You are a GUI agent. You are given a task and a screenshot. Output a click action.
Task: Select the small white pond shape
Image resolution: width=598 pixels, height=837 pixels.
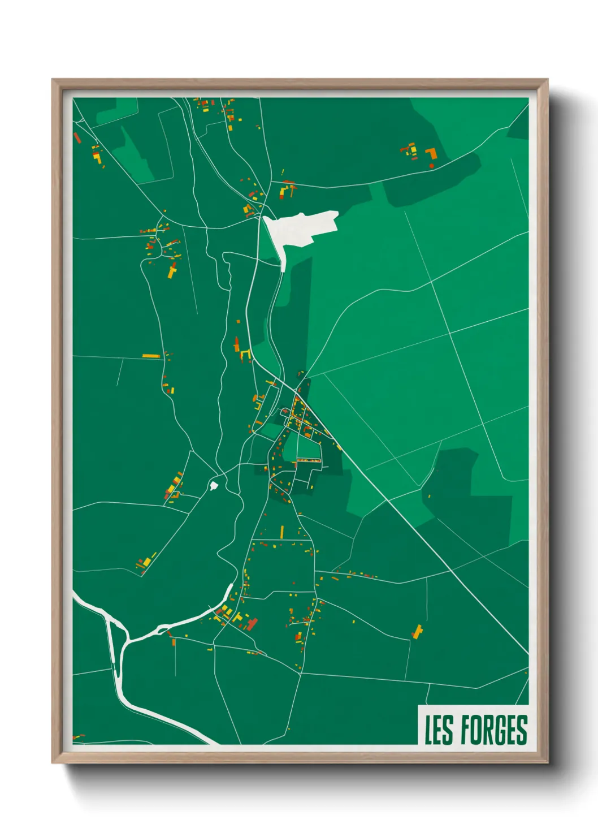coord(214,485)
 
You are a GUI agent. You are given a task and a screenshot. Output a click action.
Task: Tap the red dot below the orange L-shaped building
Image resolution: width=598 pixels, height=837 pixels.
coord(432,166)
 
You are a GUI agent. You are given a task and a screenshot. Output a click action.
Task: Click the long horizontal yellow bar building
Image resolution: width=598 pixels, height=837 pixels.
coord(151,356)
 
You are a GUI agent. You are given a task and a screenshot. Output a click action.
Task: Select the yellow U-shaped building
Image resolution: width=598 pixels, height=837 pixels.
coord(245,354)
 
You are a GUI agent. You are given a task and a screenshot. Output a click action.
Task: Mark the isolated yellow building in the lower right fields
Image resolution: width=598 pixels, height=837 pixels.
coord(418,631)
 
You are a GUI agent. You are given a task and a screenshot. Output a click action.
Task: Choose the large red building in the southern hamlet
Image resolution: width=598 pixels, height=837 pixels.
coord(252,623)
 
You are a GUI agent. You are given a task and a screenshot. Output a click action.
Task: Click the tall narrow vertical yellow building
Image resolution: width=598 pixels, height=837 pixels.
coord(282,532)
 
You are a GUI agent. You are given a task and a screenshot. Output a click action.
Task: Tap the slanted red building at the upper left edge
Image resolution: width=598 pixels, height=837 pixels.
coord(77,137)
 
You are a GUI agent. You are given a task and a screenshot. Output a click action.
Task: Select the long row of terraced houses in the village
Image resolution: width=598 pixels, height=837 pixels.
coord(309,461)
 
